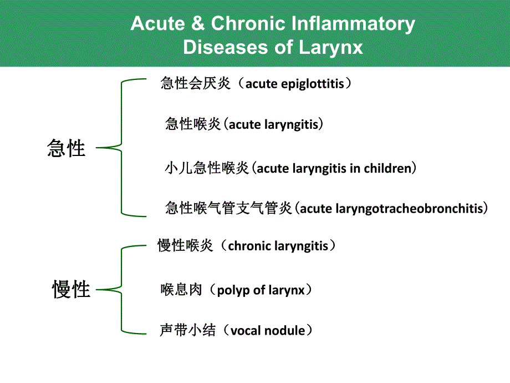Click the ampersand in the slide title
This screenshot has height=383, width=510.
coord(198,24)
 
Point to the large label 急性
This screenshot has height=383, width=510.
coord(67,148)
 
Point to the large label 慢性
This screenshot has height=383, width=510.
coord(71,289)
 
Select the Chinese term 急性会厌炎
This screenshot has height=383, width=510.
coord(195,84)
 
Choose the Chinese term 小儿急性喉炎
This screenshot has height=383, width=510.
coord(207,168)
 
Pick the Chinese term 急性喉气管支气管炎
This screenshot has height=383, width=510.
coord(228,209)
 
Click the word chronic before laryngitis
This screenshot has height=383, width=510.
coord(248,245)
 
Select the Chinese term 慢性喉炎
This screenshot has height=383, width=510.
coord(185,245)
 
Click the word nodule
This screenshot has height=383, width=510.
coord(284,331)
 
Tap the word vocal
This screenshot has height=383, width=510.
coord(245,331)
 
